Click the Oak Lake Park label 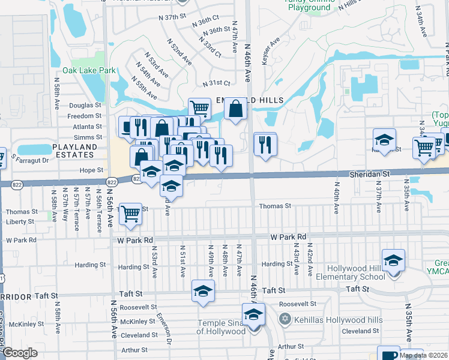tap(85, 70)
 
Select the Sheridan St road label tap(370, 173)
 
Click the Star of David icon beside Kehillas tap(286, 319)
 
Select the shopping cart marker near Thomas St tap(131, 214)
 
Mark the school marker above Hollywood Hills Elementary tap(393, 260)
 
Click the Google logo tap(20, 353)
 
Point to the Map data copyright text tap(423, 355)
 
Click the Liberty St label tap(20, 221)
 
